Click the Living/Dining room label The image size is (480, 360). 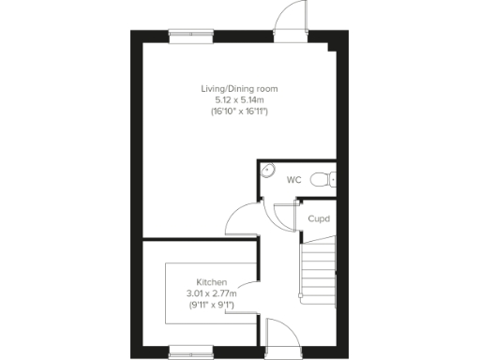pyautogui.click(x=240, y=89)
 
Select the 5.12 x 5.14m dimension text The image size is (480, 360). pyautogui.click(x=240, y=99)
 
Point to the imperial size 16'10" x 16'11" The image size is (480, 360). pyautogui.click(x=240, y=111)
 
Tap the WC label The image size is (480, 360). pyautogui.click(x=293, y=179)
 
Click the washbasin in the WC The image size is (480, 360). pyautogui.click(x=267, y=172)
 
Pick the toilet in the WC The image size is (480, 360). pyautogui.click(x=322, y=178)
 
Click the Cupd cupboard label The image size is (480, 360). pyautogui.click(x=319, y=218)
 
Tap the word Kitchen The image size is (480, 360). pyautogui.click(x=210, y=282)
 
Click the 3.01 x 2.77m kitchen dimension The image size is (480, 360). pyautogui.click(x=210, y=293)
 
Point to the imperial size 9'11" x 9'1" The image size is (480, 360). pyautogui.click(x=210, y=305)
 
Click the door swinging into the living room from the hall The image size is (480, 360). pyautogui.click(x=242, y=221)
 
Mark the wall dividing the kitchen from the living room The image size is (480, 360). pyautogui.click(x=199, y=240)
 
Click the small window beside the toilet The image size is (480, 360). pyautogui.click(x=334, y=178)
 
